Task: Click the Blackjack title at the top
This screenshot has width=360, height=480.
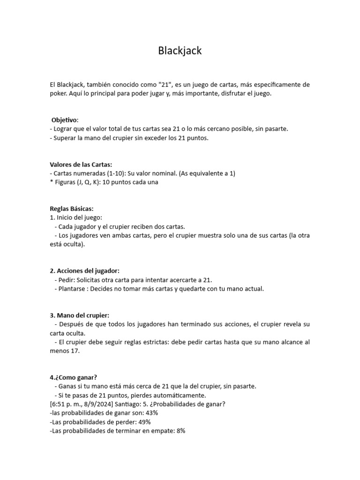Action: point(180,51)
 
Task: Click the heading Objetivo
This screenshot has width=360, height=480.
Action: point(65,120)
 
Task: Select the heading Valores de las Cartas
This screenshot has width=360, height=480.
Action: point(81,165)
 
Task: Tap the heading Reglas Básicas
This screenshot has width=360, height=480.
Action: point(72,209)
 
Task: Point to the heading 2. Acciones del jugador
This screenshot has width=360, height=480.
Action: point(85,271)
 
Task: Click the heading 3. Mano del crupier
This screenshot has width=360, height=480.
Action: point(79,315)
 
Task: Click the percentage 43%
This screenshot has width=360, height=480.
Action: point(151,413)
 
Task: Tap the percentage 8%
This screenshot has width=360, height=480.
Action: point(180,431)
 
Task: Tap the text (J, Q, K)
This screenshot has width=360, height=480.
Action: point(86,182)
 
